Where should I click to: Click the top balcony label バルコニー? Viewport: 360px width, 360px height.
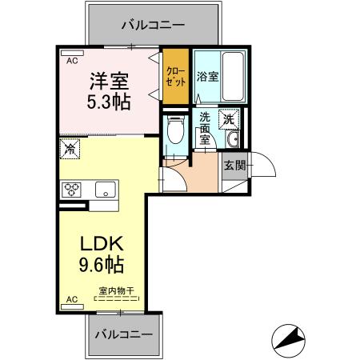(153, 25)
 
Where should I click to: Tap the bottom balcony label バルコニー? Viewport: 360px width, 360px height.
(124, 333)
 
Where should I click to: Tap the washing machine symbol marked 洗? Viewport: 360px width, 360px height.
(229, 118)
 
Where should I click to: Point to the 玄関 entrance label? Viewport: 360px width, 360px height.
(234, 166)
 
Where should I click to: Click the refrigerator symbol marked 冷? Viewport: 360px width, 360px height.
(70, 148)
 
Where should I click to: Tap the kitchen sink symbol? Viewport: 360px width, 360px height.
(104, 190)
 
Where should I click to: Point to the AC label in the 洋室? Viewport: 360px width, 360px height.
(72, 61)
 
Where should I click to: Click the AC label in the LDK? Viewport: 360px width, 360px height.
(72, 299)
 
